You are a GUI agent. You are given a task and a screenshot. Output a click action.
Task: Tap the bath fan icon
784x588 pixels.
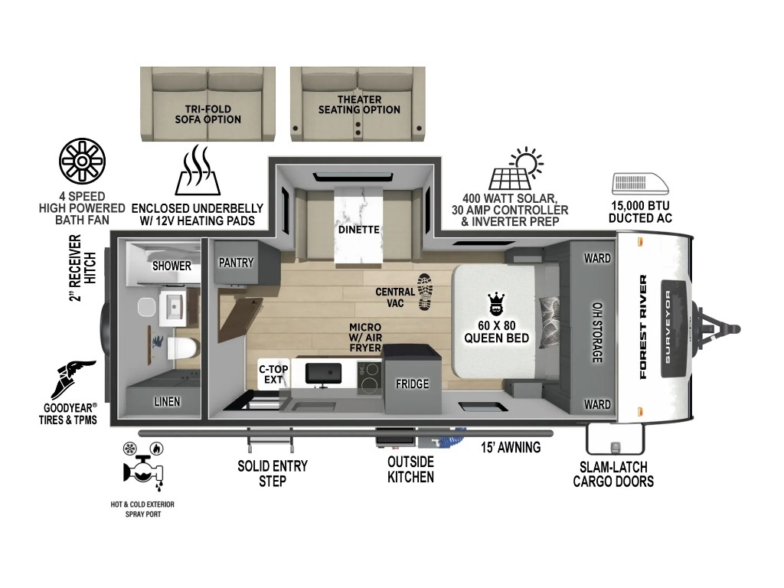82,161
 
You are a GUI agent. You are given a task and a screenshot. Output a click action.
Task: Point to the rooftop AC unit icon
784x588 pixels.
641,184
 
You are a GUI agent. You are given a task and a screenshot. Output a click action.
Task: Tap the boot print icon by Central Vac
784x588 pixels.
425,292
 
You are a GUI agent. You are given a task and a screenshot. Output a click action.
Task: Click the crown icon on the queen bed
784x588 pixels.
496,304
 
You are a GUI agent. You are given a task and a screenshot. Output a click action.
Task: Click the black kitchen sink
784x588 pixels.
324,374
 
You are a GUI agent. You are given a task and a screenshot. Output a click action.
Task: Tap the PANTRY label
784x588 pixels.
236,263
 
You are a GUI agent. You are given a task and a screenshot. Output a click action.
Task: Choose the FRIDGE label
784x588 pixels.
413,384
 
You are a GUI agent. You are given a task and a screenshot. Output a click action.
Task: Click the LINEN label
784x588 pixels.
167,401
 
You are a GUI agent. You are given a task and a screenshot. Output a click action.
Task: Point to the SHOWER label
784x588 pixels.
171,266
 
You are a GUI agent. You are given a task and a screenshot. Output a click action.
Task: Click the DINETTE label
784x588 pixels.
359,230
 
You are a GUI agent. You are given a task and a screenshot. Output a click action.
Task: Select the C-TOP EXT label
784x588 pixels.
273,374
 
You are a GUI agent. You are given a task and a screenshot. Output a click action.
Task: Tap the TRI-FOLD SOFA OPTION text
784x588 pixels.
208,114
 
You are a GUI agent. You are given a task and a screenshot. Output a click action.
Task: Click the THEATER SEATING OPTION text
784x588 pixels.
360,104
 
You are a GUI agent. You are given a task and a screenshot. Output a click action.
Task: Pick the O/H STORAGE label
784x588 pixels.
597,332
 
